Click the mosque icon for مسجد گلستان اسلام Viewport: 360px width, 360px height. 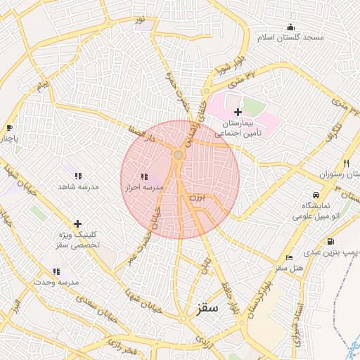click(x=290, y=27)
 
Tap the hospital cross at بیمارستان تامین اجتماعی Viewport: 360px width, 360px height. click(x=238, y=112)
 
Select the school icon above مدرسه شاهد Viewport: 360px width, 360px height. click(x=78, y=176)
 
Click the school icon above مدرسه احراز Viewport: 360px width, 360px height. click(x=144, y=176)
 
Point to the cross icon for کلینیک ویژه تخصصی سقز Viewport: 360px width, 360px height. click(x=77, y=224)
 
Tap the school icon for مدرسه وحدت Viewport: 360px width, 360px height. click(x=56, y=271)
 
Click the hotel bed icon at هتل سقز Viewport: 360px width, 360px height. click(x=289, y=258)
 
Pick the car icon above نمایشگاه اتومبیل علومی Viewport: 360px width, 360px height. click(x=316, y=194)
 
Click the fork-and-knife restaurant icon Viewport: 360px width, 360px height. click(x=345, y=163)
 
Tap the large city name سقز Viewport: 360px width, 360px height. click(x=205, y=308)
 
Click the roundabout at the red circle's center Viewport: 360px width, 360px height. click(x=179, y=155)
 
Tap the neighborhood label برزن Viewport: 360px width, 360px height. click(x=199, y=199)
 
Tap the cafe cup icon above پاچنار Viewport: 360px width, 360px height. click(x=9, y=127)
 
